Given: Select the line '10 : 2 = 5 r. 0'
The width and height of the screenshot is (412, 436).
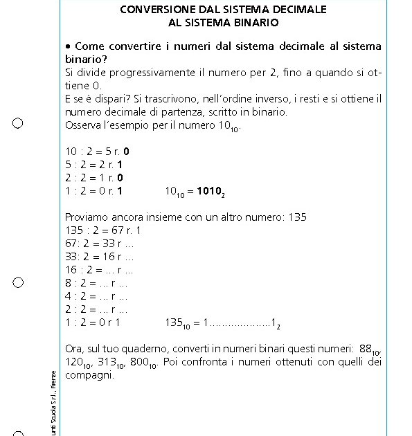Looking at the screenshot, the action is pos(98,152).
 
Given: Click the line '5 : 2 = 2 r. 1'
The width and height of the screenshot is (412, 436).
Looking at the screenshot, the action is pos(94,165).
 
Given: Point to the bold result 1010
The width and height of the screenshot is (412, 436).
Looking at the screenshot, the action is pos(209,190).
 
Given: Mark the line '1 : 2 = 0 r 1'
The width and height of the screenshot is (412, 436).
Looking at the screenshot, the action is pos(93,323).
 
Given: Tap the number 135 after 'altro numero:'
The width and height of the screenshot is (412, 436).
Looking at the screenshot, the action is pos(297,217).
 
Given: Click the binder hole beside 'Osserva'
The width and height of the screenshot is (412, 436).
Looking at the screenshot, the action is pos(19,123).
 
